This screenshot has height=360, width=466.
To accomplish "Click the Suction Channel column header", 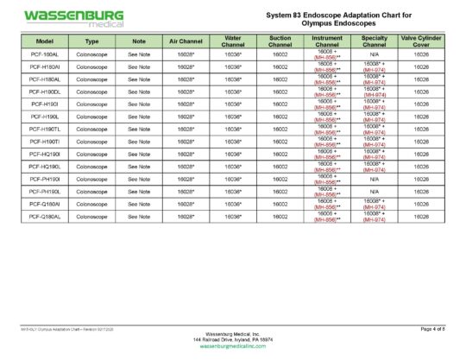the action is tap(280, 41).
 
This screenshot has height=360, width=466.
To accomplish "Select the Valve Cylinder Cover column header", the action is tap(421, 41).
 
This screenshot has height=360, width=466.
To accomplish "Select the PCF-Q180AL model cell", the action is tap(44, 216).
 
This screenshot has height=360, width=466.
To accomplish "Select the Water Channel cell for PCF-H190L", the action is tap(232, 116).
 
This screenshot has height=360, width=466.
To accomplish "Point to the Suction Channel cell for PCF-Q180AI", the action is tap(280, 204).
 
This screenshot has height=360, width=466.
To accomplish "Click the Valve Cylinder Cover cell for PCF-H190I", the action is tap(421, 104).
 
